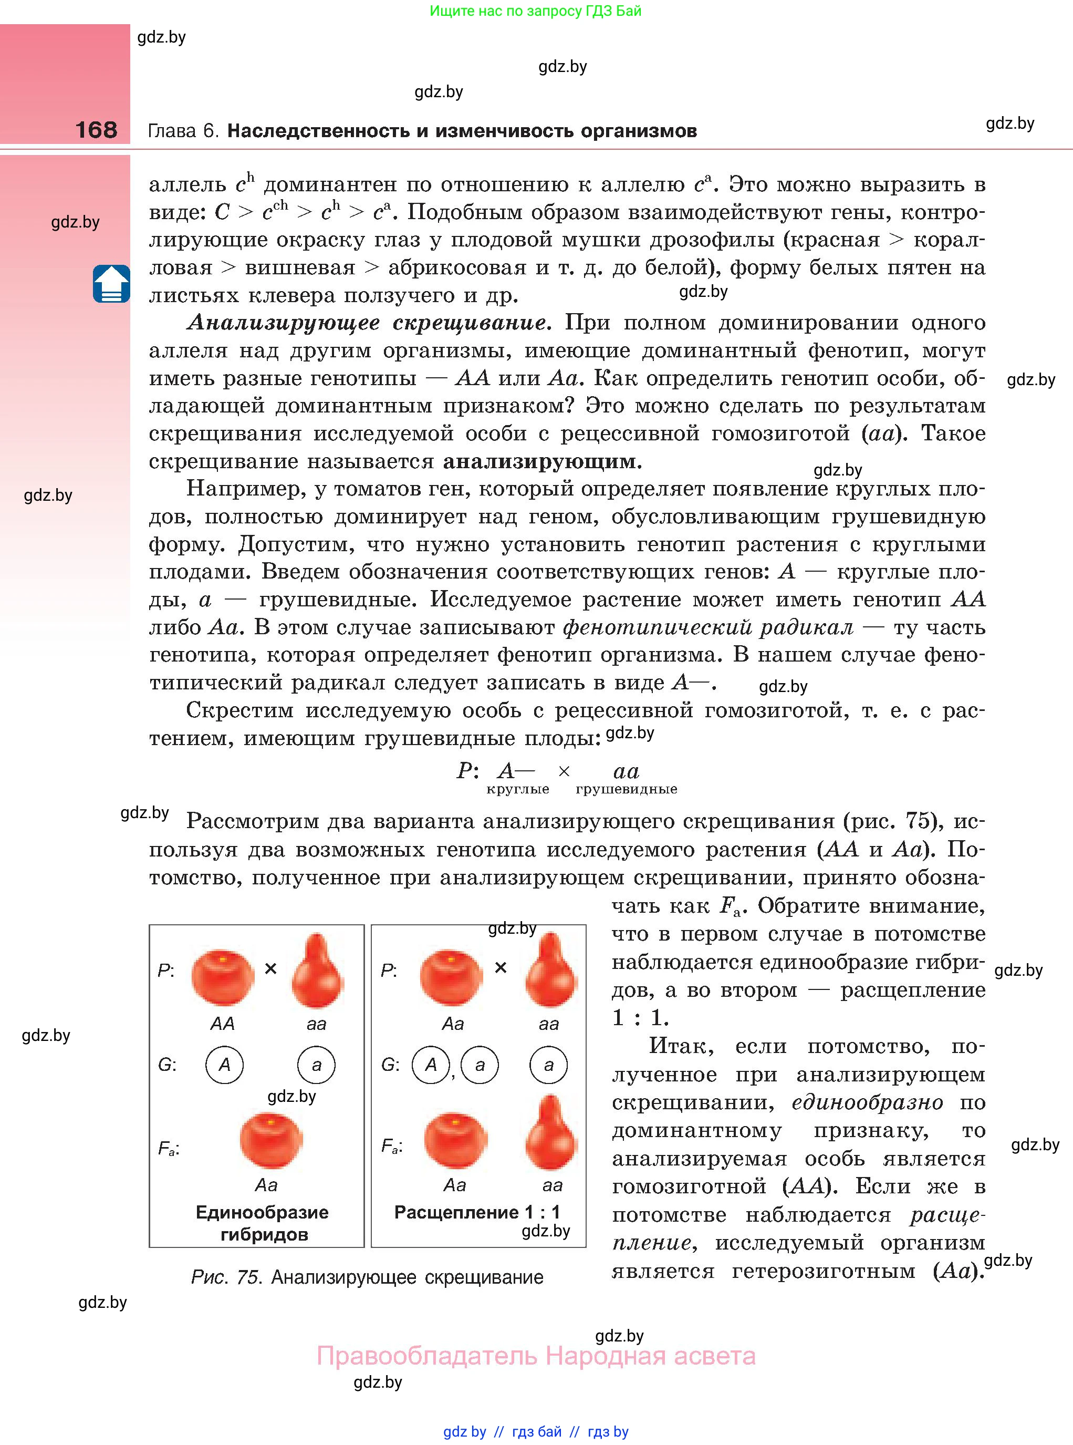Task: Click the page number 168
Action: pyautogui.click(x=96, y=129)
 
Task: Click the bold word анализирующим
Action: pyautogui.click(x=541, y=461)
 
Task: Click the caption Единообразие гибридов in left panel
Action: pyautogui.click(x=263, y=1223)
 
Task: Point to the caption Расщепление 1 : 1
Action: pyautogui.click(x=477, y=1212)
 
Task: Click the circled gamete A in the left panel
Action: pyautogui.click(x=224, y=1064)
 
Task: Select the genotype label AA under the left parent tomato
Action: pyautogui.click(x=222, y=1024)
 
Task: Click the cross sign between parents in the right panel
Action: pyautogui.click(x=500, y=968)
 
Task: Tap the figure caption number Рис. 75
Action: pyautogui.click(x=226, y=1277)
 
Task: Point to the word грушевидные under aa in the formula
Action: pyautogui.click(x=626, y=789)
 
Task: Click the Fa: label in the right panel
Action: pyautogui.click(x=392, y=1147)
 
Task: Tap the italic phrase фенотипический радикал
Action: pyautogui.click(x=707, y=627)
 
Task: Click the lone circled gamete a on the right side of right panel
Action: pyautogui.click(x=548, y=1064)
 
